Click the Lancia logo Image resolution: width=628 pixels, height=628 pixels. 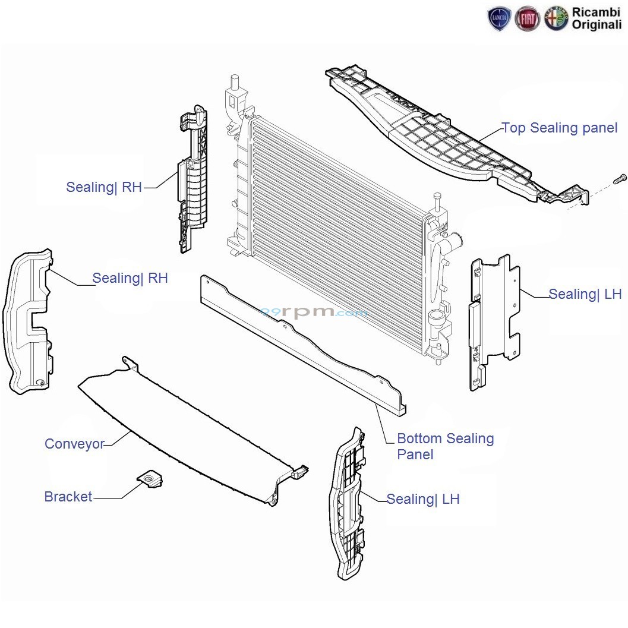[x=498, y=20]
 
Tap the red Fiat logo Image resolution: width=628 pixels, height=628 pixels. [x=528, y=20]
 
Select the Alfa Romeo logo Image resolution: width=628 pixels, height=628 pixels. [x=557, y=20]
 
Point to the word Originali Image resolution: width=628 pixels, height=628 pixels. [x=597, y=25]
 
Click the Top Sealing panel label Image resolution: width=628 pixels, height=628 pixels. [x=560, y=128]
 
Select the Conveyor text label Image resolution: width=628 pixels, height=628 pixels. [x=74, y=444]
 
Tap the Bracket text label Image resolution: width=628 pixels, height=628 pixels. [x=68, y=497]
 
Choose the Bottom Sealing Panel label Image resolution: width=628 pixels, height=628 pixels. [x=445, y=446]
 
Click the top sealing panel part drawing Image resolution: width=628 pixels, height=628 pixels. [x=452, y=137]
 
